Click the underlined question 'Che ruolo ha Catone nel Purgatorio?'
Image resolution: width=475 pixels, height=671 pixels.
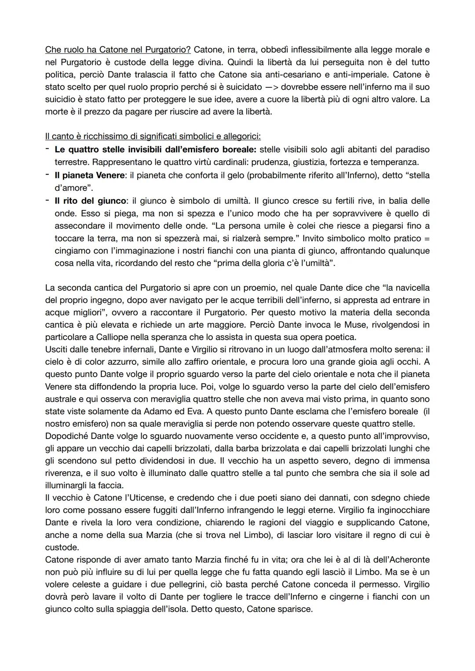click(x=117, y=51)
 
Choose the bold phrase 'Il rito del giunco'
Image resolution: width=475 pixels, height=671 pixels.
click(x=90, y=201)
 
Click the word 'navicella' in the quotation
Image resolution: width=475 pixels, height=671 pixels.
click(x=411, y=288)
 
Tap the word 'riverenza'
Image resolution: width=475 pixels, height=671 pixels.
click(x=65, y=473)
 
